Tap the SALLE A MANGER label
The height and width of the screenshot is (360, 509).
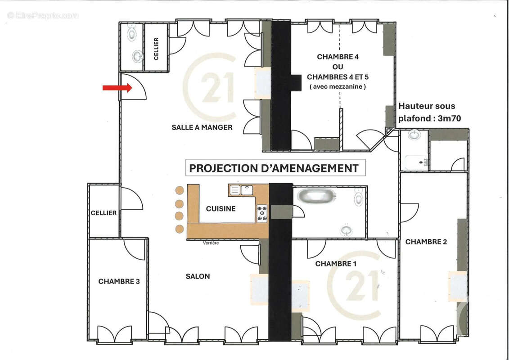(x=202, y=127)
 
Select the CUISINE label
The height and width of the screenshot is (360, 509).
(x=221, y=209)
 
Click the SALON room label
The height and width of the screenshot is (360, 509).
(x=198, y=276)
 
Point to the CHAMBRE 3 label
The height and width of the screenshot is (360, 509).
(x=119, y=281)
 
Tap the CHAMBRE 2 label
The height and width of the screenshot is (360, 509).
(x=426, y=242)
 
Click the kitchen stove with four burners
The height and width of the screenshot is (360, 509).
(x=261, y=213)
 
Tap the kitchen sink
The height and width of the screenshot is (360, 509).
(x=241, y=190)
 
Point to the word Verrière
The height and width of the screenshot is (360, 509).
(x=211, y=243)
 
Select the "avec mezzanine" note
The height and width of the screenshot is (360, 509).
(x=338, y=86)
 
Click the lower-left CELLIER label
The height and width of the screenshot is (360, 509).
(x=104, y=213)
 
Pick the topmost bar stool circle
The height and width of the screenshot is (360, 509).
(x=180, y=190)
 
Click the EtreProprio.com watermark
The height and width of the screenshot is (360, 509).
(x=43, y=15)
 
